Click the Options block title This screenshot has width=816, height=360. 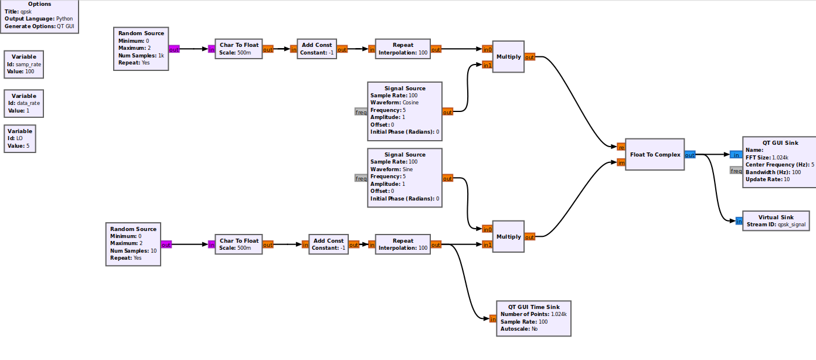[39, 4]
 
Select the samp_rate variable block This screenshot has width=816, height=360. [23, 64]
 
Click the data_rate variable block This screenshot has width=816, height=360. [23, 103]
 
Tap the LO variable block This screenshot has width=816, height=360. [20, 138]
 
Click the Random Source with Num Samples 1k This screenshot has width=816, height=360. [141, 49]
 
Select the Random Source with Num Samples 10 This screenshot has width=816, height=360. [133, 244]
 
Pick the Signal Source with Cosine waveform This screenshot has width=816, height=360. [404, 111]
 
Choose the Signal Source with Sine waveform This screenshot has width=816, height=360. [404, 178]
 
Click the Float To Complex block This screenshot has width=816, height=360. [655, 155]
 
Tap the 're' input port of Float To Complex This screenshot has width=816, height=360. [621, 147]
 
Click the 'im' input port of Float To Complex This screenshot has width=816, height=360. [621, 162]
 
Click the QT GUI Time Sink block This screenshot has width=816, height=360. [533, 318]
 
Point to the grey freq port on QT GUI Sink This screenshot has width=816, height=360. [736, 171]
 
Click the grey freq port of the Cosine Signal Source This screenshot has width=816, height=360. [361, 111]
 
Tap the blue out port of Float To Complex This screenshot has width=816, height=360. [690, 155]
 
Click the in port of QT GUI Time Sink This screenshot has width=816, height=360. [493, 319]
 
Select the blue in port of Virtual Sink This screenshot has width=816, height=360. [739, 221]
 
